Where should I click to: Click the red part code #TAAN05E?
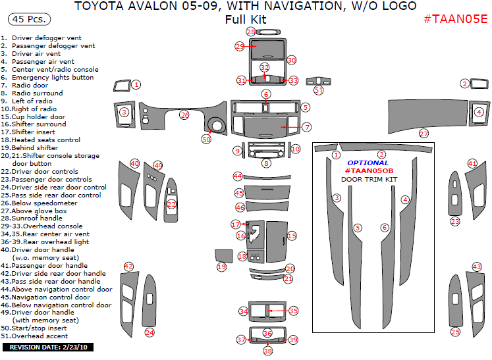coord(455,18)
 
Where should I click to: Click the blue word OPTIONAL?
coord(368,163)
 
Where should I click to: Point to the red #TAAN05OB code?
coord(369,170)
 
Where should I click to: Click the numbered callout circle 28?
coord(250,32)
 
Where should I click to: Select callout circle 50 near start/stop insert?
coord(206,140)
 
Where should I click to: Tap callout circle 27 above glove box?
coord(424,134)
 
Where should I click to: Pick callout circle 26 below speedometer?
coord(184,115)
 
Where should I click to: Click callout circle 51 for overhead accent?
coord(318,90)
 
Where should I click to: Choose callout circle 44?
coord(238,176)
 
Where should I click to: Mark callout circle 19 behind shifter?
coord(221,267)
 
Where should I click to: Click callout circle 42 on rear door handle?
coord(129,267)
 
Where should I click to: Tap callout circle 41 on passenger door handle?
coord(472,163)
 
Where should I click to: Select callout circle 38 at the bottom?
coord(267,351)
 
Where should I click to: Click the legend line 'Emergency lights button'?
coord(52,78)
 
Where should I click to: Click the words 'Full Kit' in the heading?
coord(246,19)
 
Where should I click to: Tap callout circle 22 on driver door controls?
coord(171,205)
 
